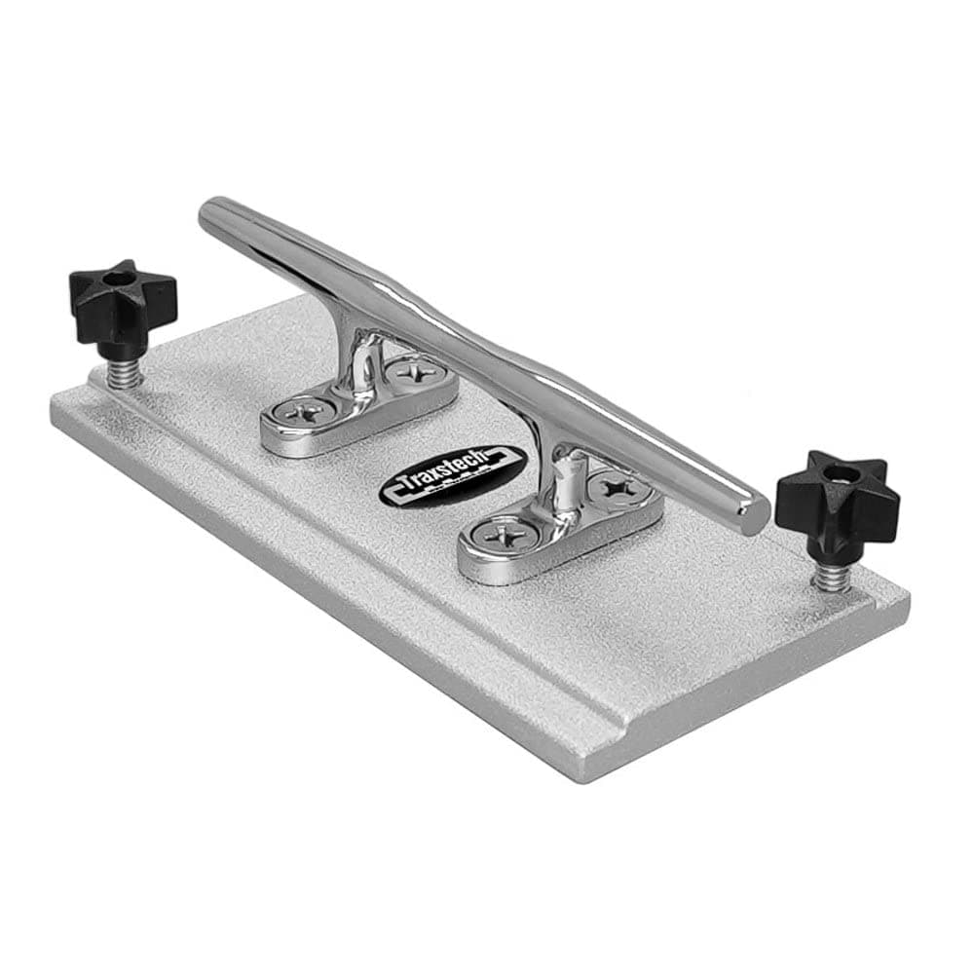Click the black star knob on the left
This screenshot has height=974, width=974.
click(123, 301)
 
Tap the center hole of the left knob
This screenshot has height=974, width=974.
click(119, 279)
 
